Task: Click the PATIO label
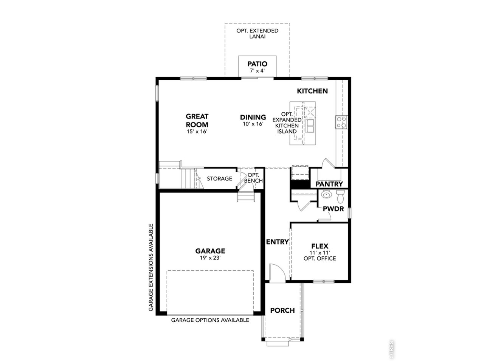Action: (x=257, y=64)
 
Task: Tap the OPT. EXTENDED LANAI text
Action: (x=257, y=34)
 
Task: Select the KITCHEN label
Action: (x=312, y=91)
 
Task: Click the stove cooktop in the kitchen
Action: (x=341, y=122)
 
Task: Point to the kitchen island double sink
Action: (x=310, y=126)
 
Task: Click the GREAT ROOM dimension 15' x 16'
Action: (x=197, y=132)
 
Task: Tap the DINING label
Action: (x=253, y=117)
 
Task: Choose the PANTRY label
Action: (x=329, y=184)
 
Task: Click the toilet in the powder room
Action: (x=340, y=197)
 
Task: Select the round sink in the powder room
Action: (x=326, y=195)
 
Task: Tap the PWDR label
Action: (x=333, y=209)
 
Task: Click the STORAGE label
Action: (x=219, y=178)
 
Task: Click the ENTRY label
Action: (x=277, y=242)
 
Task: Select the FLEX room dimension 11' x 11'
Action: (x=320, y=253)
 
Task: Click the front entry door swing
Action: (x=278, y=273)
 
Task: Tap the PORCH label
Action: (x=282, y=310)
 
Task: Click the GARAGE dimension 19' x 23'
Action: (x=210, y=258)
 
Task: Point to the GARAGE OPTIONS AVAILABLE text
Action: (x=210, y=320)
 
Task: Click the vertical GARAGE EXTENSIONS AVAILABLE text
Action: (x=151, y=268)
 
